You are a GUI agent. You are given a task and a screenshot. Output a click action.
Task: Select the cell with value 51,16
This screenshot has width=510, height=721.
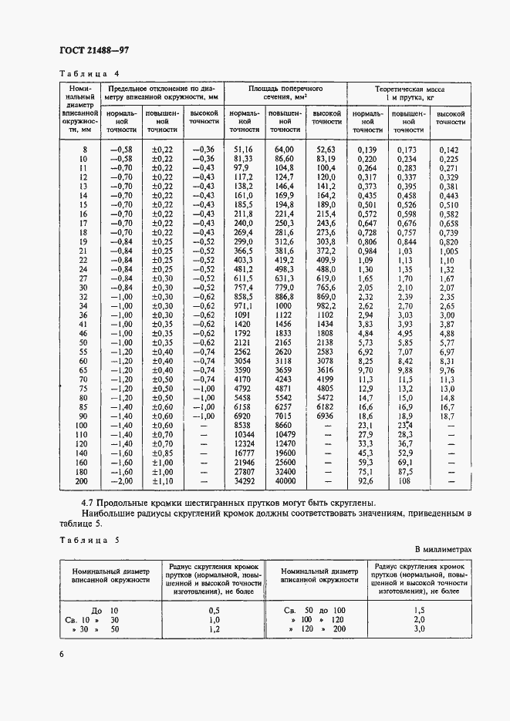click(242, 150)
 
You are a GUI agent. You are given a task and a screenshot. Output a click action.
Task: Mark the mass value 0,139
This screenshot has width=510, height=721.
click(366, 150)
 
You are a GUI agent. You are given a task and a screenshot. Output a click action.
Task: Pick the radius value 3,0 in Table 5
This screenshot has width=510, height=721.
click(419, 629)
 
